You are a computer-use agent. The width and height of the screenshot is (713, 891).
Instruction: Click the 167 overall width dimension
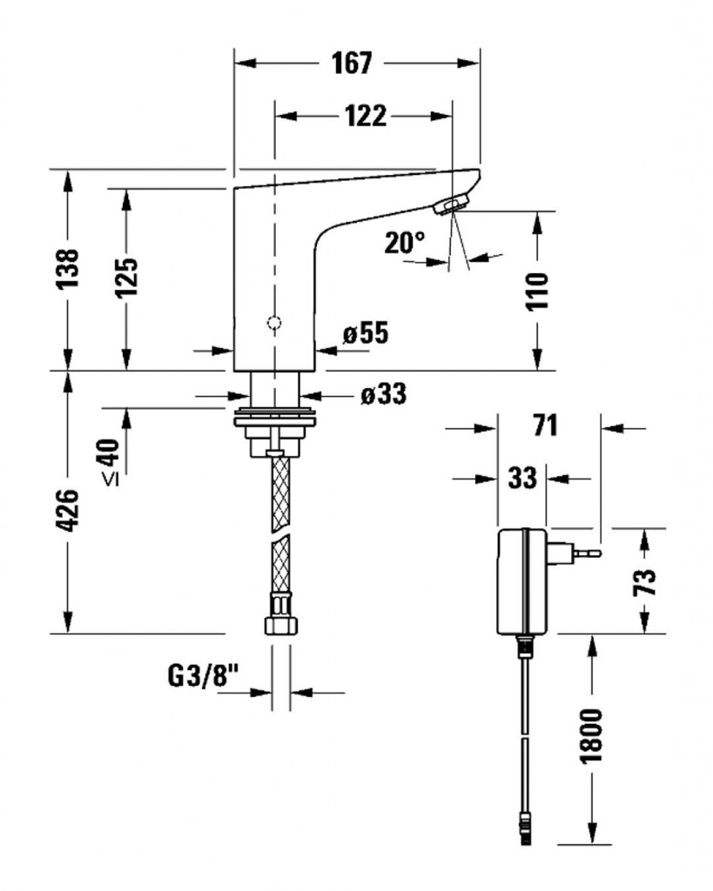tap(352, 63)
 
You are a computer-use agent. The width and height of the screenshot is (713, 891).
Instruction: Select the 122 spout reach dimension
tap(366, 116)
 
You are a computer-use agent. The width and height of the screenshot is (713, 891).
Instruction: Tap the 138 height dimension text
tap(68, 268)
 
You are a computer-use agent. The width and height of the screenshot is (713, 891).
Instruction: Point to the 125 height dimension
tap(126, 278)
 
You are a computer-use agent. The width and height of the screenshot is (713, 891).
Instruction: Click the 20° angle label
tap(404, 243)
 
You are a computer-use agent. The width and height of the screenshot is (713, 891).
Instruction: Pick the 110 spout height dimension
tap(537, 291)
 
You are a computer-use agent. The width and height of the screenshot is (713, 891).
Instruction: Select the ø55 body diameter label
tap(366, 333)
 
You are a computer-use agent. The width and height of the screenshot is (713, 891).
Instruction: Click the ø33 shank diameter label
tap(384, 394)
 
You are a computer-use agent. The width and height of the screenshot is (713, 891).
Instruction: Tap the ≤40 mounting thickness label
tap(111, 462)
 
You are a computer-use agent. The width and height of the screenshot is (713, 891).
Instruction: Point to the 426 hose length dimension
tap(68, 510)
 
